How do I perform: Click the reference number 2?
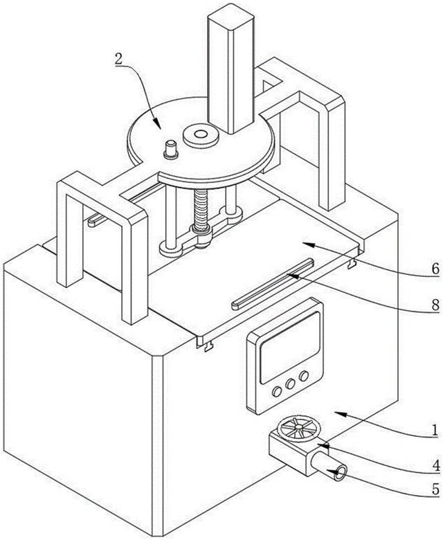[x=118, y=60]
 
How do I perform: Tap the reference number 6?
[x=435, y=269]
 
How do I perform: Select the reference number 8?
[x=435, y=305]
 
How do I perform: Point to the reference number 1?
[x=435, y=430]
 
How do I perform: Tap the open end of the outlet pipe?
[x=341, y=473]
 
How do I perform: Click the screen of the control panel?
[x=290, y=348]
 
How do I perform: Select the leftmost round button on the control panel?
[x=276, y=392]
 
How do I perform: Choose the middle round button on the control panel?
[x=290, y=384]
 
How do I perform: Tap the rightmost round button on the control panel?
[x=303, y=376]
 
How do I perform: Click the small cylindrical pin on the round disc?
[x=171, y=150]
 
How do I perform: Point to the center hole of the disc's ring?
[x=200, y=134]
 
